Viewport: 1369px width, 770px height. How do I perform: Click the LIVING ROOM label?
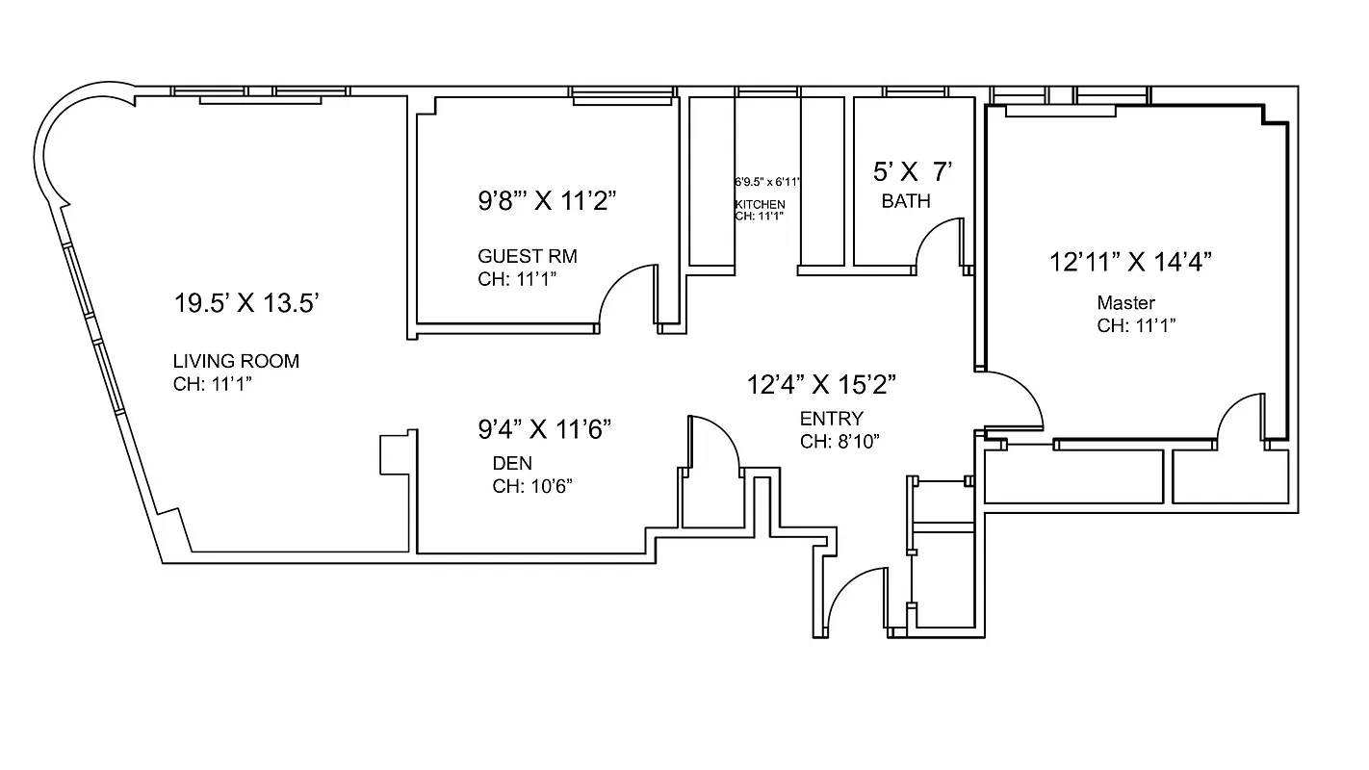(x=236, y=362)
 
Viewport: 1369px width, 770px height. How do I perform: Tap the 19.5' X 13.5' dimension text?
(x=246, y=304)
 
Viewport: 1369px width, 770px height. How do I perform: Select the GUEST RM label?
(x=528, y=256)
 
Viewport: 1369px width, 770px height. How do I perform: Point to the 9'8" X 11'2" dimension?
(x=547, y=201)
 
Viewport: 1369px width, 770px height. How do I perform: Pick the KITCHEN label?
(x=761, y=204)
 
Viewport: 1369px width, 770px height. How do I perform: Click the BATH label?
(x=906, y=201)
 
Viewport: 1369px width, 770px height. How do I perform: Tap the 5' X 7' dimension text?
(x=913, y=172)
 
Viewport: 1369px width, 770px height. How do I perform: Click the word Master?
(x=1125, y=303)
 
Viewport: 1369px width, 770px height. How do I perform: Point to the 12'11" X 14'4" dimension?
(x=1129, y=261)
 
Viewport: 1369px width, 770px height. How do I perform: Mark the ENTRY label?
(x=832, y=419)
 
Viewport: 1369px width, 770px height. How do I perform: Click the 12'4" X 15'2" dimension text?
(x=822, y=385)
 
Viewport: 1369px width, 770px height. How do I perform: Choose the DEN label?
(x=512, y=463)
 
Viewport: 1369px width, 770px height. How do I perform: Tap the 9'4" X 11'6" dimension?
(x=545, y=428)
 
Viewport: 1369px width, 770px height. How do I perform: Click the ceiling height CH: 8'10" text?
(x=839, y=442)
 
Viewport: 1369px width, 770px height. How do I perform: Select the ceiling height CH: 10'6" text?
(x=533, y=486)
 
